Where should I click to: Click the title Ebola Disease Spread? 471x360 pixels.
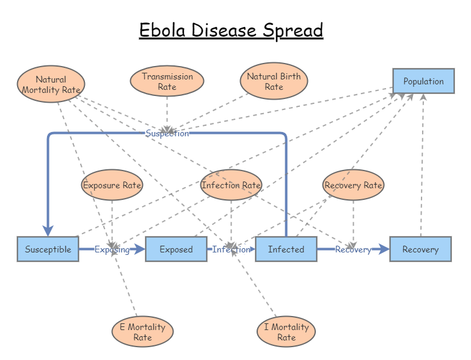tap(231, 30)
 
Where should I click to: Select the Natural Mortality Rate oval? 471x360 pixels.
tap(51, 84)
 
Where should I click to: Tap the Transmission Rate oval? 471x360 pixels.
tap(167, 81)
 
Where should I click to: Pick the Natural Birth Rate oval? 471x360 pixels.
tap(274, 81)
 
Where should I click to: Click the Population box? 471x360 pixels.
tap(423, 81)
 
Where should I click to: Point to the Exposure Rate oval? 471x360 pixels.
tap(112, 185)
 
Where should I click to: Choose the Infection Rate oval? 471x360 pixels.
tap(231, 185)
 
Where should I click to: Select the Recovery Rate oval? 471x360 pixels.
tap(353, 185)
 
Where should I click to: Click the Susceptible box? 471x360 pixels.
tap(48, 249)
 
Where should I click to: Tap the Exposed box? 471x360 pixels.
tap(176, 249)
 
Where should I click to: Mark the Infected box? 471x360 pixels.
tap(286, 249)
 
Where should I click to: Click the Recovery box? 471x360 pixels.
tap(420, 249)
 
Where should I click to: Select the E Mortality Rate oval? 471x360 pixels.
tap(142, 332)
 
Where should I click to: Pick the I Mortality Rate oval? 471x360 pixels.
tap(286, 332)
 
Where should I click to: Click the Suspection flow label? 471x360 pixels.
tap(167, 133)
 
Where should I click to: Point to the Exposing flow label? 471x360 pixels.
tap(112, 249)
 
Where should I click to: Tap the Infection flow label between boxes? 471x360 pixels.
tap(231, 249)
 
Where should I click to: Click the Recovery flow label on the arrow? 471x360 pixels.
tap(353, 249)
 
